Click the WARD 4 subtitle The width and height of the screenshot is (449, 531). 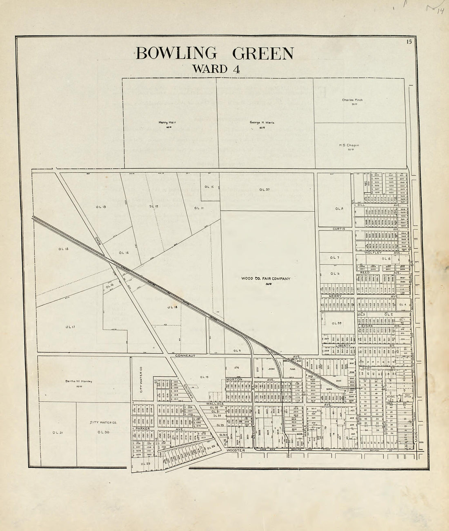pyautogui.click(x=216, y=69)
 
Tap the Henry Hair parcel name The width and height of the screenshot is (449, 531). pyautogui.click(x=167, y=122)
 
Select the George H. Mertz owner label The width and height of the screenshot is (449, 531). pyautogui.click(x=262, y=122)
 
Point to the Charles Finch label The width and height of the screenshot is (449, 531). pyautogui.click(x=352, y=100)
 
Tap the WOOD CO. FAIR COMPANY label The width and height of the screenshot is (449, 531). pyautogui.click(x=266, y=279)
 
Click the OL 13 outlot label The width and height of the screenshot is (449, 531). pyautogui.click(x=101, y=207)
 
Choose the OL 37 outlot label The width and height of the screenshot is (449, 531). pyautogui.click(x=265, y=189)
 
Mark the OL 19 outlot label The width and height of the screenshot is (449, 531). pyautogui.click(x=204, y=376)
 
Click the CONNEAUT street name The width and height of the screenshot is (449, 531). pyautogui.click(x=186, y=356)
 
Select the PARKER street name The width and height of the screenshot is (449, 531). pyautogui.click(x=143, y=429)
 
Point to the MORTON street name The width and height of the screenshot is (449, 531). pyautogui.click(x=234, y=380)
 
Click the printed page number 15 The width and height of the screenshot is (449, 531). pyautogui.click(x=409, y=40)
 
